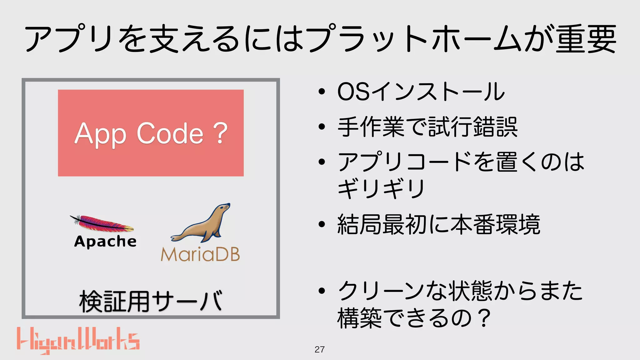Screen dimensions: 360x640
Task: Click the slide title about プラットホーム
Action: tap(320, 39)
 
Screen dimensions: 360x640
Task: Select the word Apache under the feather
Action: tap(105, 242)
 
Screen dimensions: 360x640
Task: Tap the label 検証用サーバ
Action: tap(151, 301)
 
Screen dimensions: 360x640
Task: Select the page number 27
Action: tap(319, 349)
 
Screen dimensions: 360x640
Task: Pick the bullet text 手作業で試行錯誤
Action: tap(427, 127)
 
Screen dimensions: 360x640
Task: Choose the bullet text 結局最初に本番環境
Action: tap(439, 224)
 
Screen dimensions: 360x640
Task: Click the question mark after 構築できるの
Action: tap(484, 318)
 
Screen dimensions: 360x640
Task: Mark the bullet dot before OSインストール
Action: tap(322, 92)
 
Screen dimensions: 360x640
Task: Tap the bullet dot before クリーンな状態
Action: tap(322, 291)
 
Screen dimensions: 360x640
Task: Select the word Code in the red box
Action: tap(170, 133)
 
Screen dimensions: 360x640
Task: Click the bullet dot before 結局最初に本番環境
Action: tap(322, 224)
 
